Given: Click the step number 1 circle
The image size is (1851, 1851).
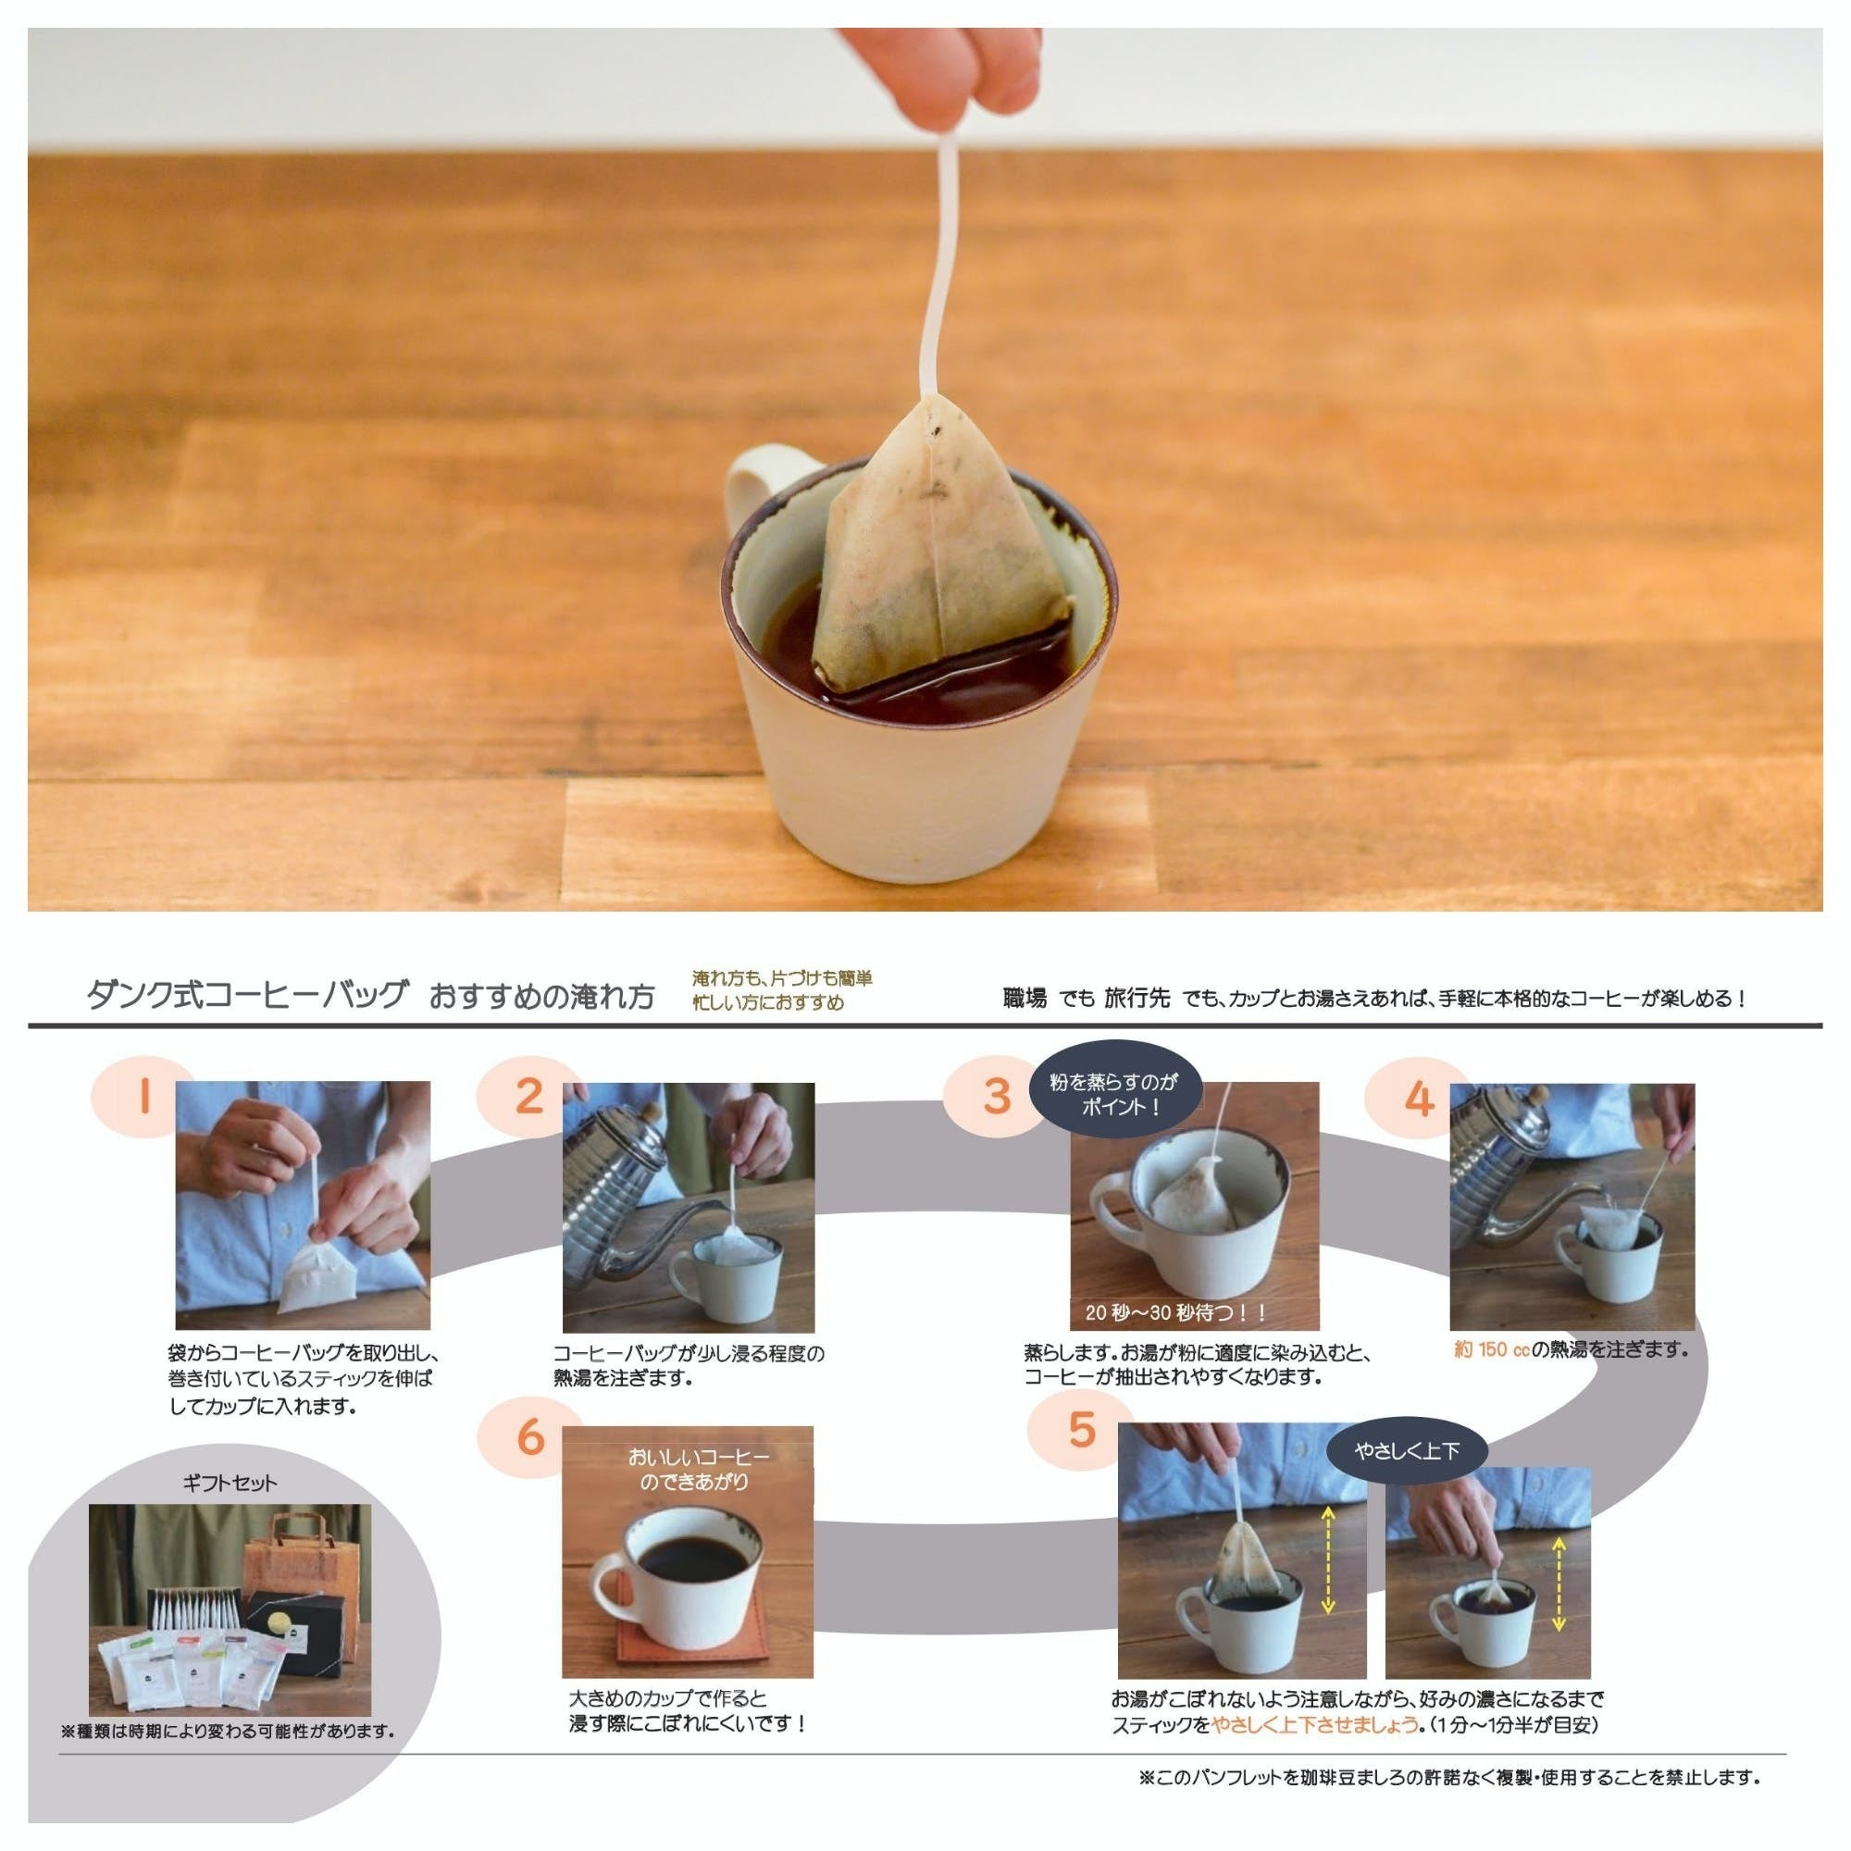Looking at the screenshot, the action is click(x=143, y=1095).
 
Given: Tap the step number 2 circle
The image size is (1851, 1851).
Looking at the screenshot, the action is click(x=528, y=1095).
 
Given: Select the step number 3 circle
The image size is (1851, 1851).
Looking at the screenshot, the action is click(x=997, y=1095).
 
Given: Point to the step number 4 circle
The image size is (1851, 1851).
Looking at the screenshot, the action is click(x=1418, y=1095).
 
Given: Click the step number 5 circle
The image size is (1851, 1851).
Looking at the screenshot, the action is click(x=1081, y=1430).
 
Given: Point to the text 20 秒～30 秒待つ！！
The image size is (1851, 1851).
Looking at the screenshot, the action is click(x=1175, y=1311).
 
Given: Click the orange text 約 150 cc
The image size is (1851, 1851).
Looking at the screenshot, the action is click(x=1492, y=1349).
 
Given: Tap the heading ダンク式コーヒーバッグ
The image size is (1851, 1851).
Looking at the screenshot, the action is click(x=247, y=996).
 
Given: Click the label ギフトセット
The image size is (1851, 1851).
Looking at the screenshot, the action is click(x=229, y=1483).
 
